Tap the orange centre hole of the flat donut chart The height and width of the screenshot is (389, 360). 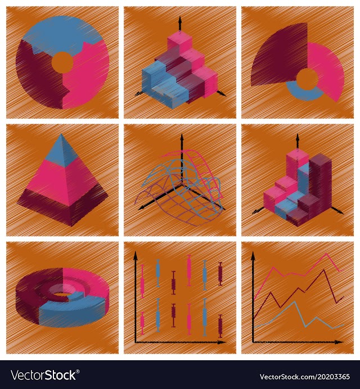[62, 62]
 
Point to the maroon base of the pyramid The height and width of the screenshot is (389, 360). [62, 208]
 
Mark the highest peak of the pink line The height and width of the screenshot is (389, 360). [326, 253]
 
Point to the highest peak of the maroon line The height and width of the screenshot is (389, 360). [323, 270]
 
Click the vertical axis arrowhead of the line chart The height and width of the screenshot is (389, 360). [253, 256]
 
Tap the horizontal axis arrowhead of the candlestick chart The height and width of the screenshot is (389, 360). [221, 342]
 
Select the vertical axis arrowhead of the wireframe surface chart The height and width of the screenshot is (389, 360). [182, 138]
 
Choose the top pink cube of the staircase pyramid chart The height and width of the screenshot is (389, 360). [179, 42]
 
